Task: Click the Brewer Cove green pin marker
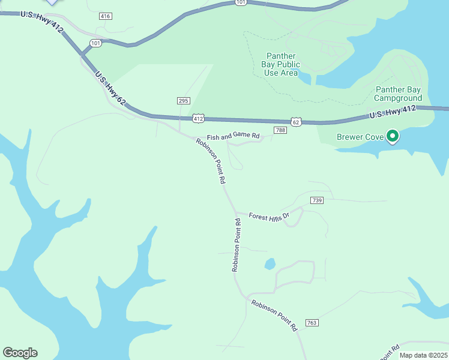coord(393,137)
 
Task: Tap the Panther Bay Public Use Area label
coord(281,65)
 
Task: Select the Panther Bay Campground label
coord(399,94)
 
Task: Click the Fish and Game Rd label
coord(234,137)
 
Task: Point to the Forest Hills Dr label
coord(270,216)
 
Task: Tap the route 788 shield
coord(280,130)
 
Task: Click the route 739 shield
coord(318,200)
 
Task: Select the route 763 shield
coord(312,323)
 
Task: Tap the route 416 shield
coord(106,16)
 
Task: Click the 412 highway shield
coord(199,118)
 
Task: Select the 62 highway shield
coord(296,122)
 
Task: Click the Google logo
coord(20,353)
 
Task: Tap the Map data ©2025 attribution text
coord(423,355)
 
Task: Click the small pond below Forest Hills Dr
coord(270,263)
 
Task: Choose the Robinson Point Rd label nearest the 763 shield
coord(274,316)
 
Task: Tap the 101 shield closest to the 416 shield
coord(96,43)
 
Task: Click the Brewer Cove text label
coord(360,137)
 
